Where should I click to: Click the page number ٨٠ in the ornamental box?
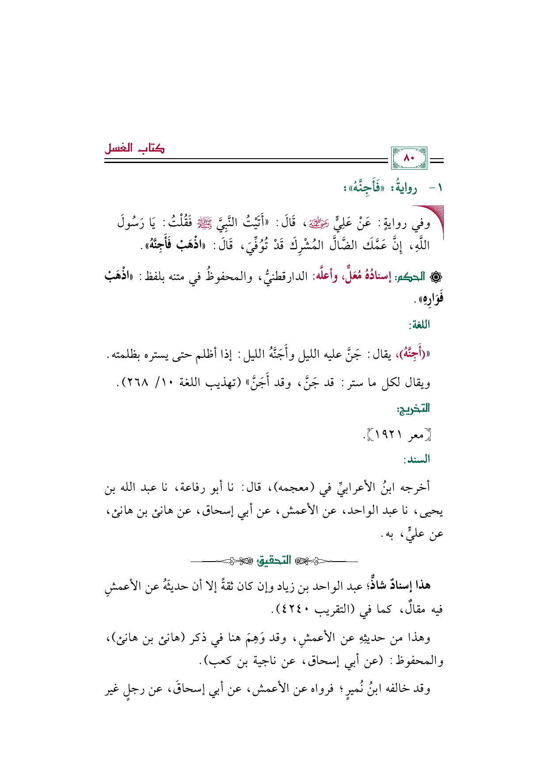click(x=409, y=158)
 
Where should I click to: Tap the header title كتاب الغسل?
click(x=134, y=148)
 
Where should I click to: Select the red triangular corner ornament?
click(x=431, y=219)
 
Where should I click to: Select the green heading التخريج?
click(x=414, y=408)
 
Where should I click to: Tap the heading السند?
click(x=417, y=460)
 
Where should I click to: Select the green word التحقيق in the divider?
click(x=274, y=561)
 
